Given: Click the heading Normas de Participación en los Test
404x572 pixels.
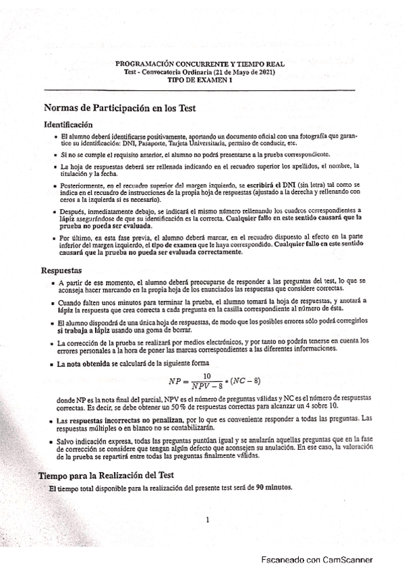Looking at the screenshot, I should pyautogui.click(x=119, y=107).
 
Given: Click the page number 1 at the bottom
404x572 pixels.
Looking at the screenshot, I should pyautogui.click(x=208, y=538).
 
